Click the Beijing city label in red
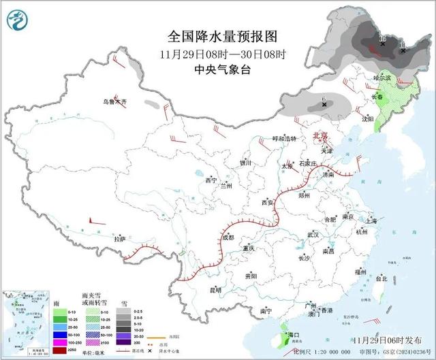point(320,135)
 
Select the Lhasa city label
point(120,239)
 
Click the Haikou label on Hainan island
point(294,336)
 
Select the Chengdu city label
point(228,238)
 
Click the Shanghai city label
point(371,221)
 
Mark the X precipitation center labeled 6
point(323,106)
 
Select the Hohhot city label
point(285,139)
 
